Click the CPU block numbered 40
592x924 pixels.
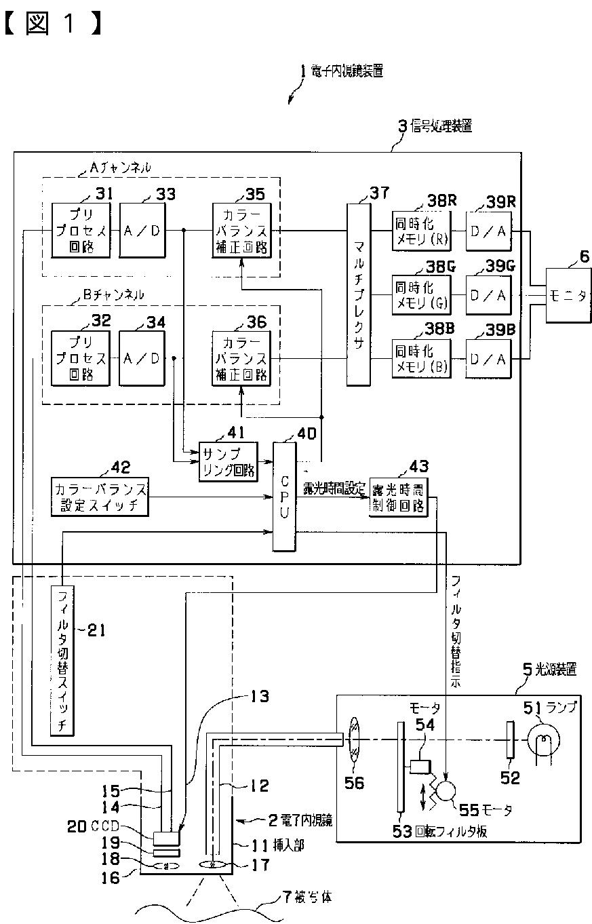click(284, 496)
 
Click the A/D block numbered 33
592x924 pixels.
click(142, 231)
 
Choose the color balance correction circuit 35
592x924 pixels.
click(241, 231)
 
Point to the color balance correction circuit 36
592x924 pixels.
click(241, 358)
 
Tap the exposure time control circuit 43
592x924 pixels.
click(399, 498)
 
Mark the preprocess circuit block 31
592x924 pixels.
click(81, 231)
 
